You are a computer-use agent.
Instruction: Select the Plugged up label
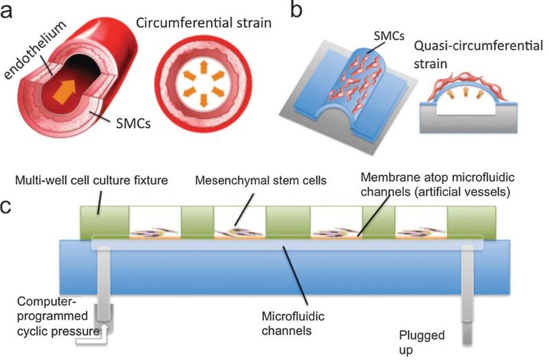[423, 341]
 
